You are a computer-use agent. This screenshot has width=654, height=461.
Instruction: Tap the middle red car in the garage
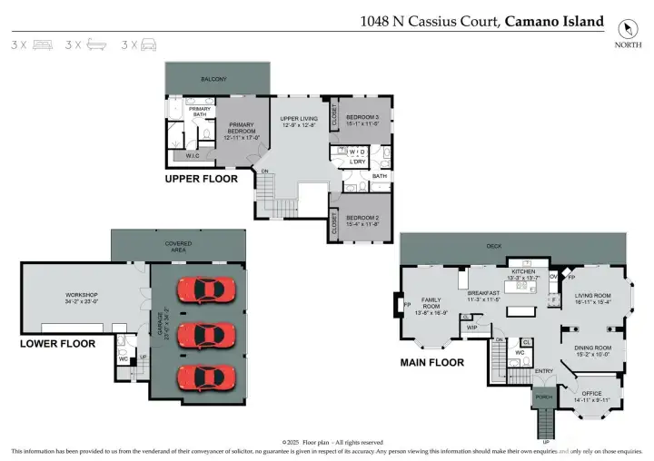(206, 334)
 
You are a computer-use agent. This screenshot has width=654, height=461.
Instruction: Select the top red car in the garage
(206, 290)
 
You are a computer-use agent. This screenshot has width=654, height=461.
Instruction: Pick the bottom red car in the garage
(206, 376)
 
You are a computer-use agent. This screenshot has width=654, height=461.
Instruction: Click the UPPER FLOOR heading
(201, 179)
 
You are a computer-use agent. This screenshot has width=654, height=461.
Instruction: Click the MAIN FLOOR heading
(432, 362)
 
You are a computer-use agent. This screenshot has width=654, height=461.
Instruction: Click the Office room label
(591, 395)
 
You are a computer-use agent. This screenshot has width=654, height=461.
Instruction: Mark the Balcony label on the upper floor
(214, 80)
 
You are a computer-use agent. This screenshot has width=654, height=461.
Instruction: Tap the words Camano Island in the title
(553, 21)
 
